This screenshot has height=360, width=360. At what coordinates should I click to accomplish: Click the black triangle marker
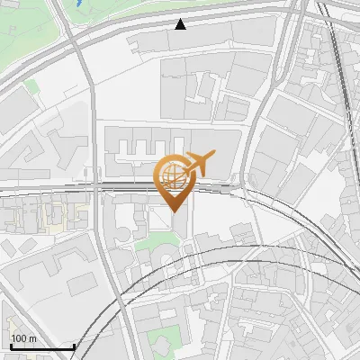181,23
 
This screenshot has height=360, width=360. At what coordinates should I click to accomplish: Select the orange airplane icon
200,163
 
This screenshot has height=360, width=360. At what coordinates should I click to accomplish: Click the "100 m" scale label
23,338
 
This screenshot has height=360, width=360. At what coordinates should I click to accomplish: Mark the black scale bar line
41,346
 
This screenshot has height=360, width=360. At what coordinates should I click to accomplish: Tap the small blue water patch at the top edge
83,4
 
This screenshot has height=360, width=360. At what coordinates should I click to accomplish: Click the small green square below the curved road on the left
32,87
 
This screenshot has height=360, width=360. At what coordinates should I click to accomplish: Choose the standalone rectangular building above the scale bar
81,284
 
